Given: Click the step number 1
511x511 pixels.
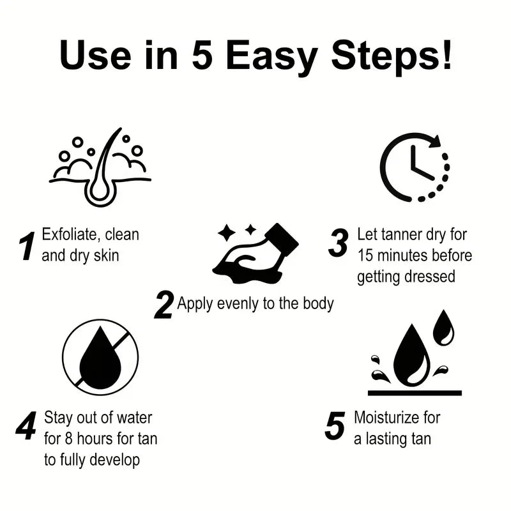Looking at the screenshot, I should pos(26,247).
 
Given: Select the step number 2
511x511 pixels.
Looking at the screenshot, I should pos(164,305).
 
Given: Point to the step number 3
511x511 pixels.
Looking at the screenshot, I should pos(338,244).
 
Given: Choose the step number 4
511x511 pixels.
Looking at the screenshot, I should pos(26,427).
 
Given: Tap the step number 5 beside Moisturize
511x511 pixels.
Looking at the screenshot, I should pos(335,426).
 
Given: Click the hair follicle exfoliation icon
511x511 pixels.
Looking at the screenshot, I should pos(101,167).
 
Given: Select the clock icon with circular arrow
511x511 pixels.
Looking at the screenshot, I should pos(414,167).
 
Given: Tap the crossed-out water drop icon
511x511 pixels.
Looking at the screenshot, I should pos(100,358).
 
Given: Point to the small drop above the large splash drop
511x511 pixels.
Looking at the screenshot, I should pos(443,327).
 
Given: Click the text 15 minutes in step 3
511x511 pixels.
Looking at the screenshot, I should pos(395,256).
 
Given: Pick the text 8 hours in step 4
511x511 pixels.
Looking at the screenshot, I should pos(87,439).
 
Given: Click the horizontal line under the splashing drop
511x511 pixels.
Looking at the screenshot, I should pos(415,392).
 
